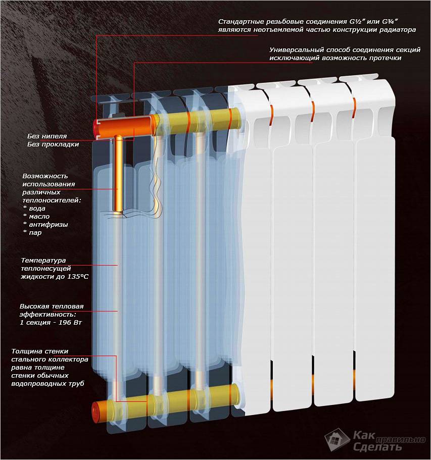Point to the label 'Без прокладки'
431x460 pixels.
click(x=53, y=144)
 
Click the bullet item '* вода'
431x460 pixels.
click(x=34, y=209)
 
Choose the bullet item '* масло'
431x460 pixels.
click(x=36, y=217)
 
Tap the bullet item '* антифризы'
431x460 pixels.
click(x=45, y=224)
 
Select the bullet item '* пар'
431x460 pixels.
click(x=32, y=233)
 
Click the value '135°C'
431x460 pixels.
click(x=78, y=276)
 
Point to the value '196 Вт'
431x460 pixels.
click(x=70, y=323)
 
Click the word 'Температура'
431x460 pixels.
click(x=43, y=261)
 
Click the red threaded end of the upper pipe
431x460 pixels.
click(x=97, y=128)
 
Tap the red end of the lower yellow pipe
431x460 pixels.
click(x=95, y=412)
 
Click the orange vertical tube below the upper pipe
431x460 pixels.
click(x=118, y=175)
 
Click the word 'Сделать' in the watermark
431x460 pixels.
click(x=377, y=446)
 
